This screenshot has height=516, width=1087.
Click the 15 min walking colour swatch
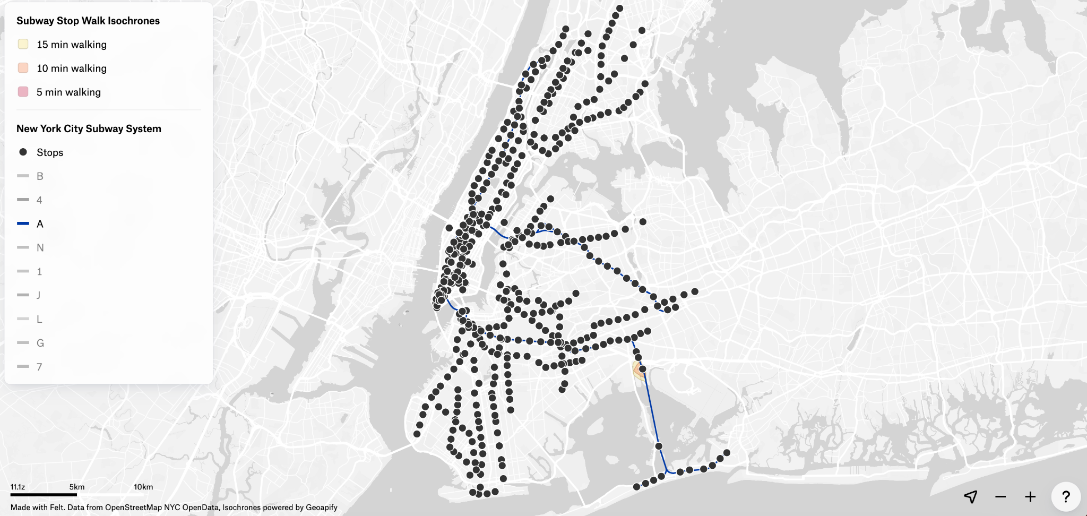tap(23, 45)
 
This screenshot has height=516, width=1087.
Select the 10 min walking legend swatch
tap(23, 68)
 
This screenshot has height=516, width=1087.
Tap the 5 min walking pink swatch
tap(23, 92)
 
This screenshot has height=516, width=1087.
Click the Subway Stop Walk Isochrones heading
tap(88, 21)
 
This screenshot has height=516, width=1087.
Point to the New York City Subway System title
tap(89, 128)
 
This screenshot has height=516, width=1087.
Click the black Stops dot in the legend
tap(23, 152)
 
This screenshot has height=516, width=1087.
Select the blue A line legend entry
tap(30, 224)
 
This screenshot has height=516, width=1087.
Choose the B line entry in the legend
tap(30, 176)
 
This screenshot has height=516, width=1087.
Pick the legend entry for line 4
tap(30, 200)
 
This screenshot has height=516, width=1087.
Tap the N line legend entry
tap(30, 248)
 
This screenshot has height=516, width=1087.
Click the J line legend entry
tap(30, 295)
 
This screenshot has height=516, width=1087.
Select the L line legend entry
tap(30, 319)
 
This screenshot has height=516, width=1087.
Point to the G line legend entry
tap(30, 343)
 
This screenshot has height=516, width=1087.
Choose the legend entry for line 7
tap(30, 367)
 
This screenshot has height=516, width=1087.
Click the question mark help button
tap(1066, 497)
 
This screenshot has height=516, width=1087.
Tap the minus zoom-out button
tap(1000, 497)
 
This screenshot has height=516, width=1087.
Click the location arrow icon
tap(971, 497)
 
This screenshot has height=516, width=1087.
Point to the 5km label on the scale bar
tap(77, 487)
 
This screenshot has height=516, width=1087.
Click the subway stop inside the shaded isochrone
tap(642, 369)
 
